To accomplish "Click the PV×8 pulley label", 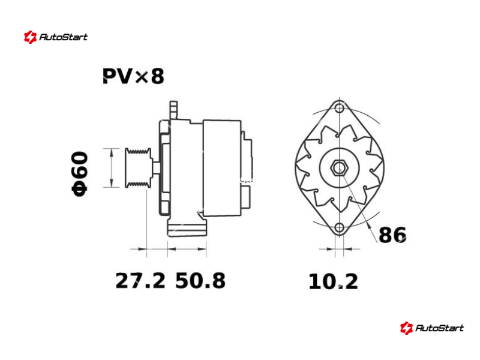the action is point(133,76).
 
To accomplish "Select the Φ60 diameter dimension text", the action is point(80,173).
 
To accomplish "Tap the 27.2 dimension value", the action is point(140,281).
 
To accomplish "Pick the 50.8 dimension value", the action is point(200,281).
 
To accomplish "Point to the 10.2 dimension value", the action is point(333,281).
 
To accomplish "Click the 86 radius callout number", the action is point(392,235).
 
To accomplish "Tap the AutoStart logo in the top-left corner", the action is point(56,37).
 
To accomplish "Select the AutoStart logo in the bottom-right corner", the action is point(431,328).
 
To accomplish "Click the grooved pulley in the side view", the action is point(138,168).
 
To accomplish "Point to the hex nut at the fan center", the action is point(338,168).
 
